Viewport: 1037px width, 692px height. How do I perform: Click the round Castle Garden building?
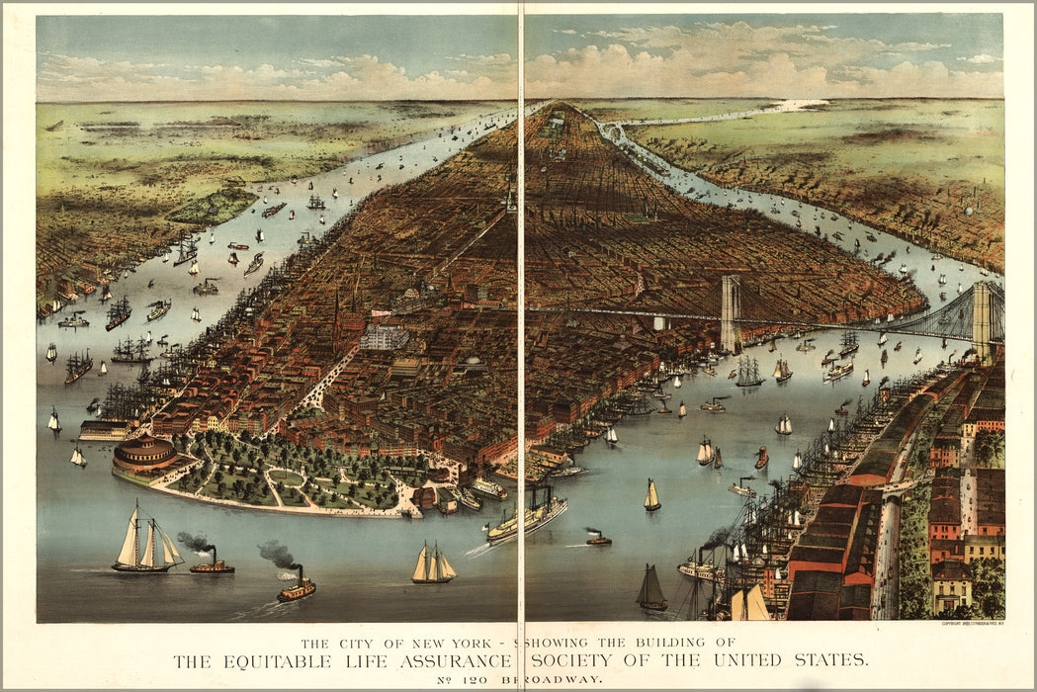[144, 456]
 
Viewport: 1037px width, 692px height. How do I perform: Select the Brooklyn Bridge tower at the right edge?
[982, 319]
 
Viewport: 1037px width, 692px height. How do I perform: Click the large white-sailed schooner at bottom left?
[145, 543]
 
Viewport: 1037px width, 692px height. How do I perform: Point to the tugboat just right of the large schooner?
[212, 565]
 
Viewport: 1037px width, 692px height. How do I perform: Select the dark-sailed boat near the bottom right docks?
[650, 589]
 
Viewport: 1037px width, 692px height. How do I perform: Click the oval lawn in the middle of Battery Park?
[288, 476]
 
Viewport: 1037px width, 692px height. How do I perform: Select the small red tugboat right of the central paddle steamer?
[597, 539]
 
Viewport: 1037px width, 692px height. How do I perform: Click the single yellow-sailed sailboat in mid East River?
[651, 496]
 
